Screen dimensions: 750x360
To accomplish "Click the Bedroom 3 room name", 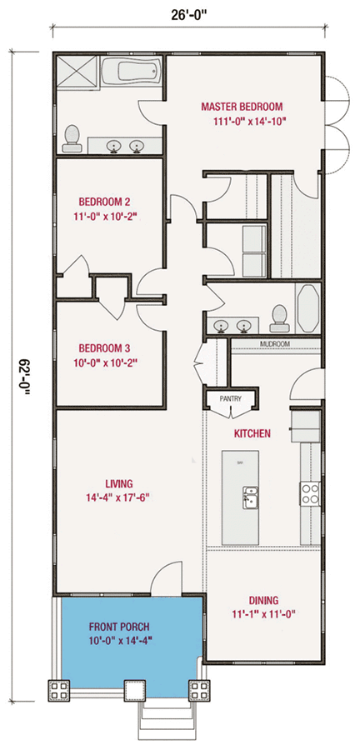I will (x=104, y=348).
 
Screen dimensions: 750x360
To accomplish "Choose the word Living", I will (x=120, y=482).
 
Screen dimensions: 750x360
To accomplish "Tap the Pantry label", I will (x=230, y=399).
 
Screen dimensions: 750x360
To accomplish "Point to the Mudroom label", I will (x=274, y=343).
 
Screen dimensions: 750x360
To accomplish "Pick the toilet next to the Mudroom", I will (x=279, y=315).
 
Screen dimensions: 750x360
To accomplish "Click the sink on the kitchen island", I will (x=247, y=497).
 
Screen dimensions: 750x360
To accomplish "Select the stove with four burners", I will (x=310, y=494).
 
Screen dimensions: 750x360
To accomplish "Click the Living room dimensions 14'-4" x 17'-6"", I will (x=120, y=497).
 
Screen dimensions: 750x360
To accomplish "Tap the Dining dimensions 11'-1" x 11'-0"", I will (x=262, y=615).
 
